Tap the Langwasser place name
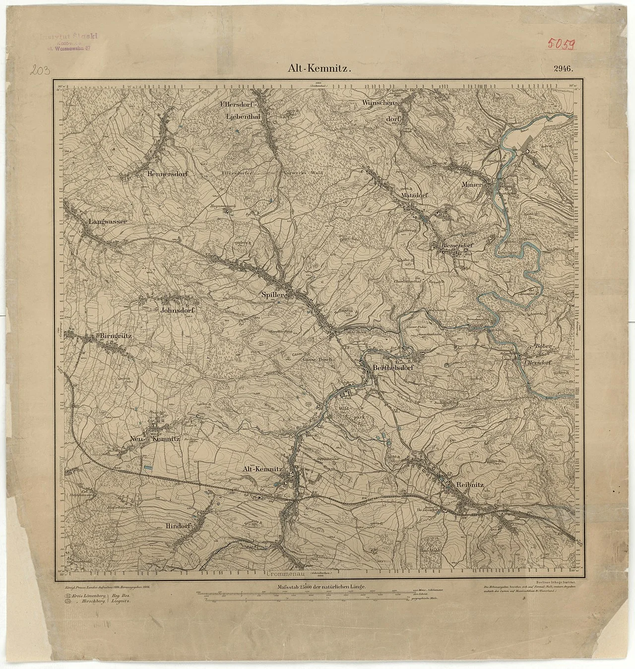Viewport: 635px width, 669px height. (108, 222)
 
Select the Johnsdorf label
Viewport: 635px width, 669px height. (180, 311)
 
